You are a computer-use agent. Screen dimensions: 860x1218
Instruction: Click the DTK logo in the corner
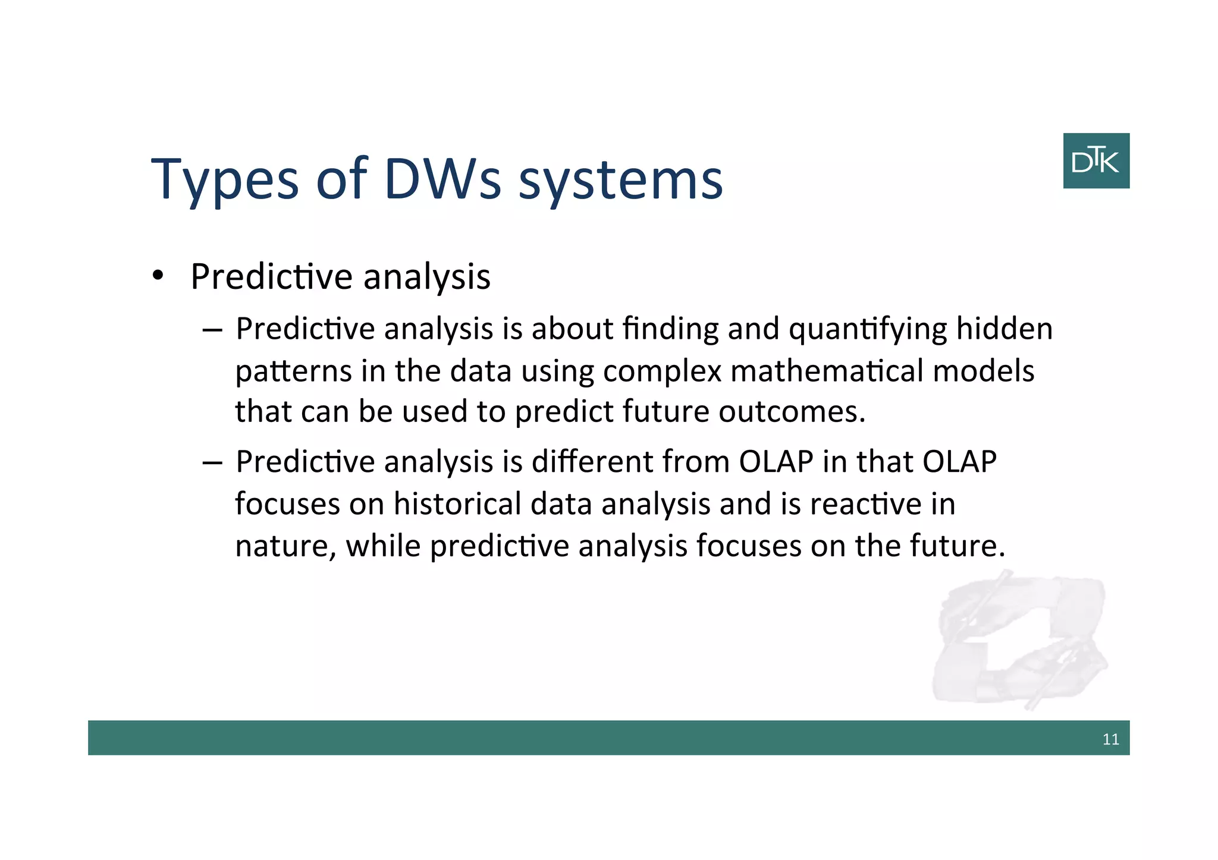point(1095,160)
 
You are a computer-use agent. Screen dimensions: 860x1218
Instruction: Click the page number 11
point(1110,739)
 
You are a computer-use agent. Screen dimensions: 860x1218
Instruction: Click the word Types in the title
point(225,179)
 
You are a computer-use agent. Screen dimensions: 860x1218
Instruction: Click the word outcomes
point(791,412)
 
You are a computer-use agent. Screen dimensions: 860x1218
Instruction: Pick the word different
point(592,462)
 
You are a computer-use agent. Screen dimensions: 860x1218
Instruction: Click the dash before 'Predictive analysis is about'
point(212,330)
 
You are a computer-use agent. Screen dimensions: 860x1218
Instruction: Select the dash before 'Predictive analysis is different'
point(212,463)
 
